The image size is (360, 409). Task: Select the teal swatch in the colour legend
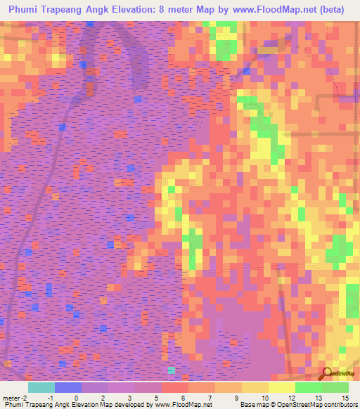click(x=41, y=387)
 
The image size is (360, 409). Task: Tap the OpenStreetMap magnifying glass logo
click(x=326, y=375)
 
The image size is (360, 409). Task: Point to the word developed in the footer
click(x=129, y=405)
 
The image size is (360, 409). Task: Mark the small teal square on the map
click(x=172, y=370)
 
